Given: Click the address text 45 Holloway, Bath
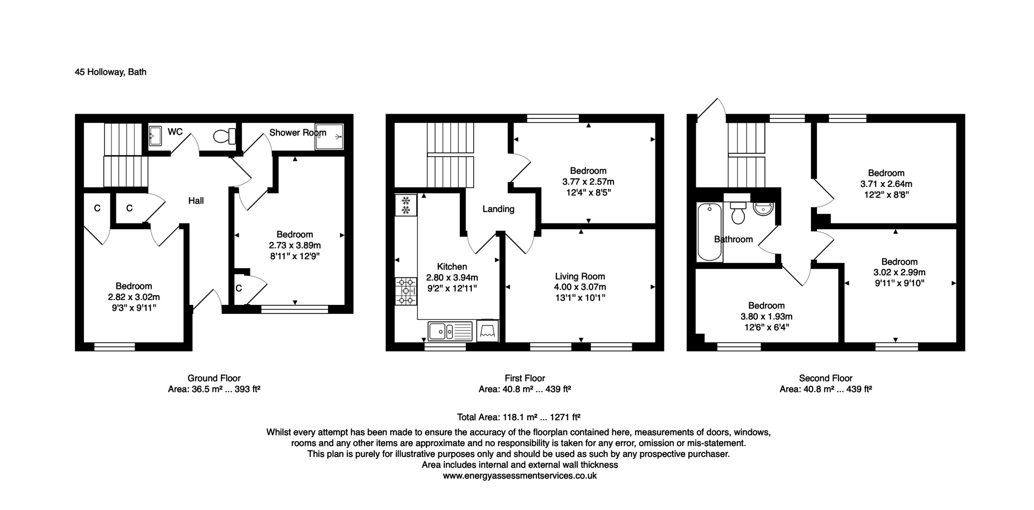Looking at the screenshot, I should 110,72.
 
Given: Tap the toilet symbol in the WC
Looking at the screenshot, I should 224,136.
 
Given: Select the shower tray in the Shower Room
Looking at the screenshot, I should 329,136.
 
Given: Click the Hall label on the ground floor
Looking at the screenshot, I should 196,201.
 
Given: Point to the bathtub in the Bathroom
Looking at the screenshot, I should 709,232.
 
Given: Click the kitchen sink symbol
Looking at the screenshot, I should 450,331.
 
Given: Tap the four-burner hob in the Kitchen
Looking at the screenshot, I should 406,291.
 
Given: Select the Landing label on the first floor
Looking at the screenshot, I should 498,209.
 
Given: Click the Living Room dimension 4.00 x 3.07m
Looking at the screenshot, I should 580,287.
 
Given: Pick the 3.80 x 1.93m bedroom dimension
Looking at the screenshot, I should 766,317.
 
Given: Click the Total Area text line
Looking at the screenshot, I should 518,417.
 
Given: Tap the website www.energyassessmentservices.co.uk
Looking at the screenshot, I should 519,476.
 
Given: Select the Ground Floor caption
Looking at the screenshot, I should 214,378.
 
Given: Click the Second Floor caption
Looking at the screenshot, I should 826,378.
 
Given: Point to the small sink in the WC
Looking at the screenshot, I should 156,136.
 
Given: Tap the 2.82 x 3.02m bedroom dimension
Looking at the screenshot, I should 134,297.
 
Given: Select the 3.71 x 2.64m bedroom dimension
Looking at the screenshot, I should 886,184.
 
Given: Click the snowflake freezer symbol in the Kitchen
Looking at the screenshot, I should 406,205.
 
